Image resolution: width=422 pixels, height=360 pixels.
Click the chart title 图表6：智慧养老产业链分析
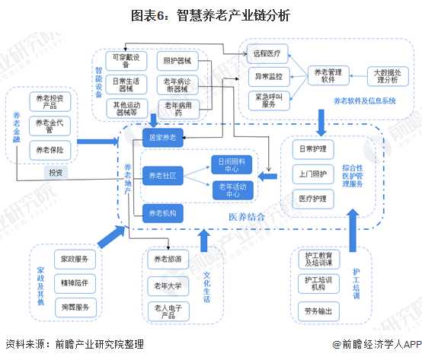tap(210, 14)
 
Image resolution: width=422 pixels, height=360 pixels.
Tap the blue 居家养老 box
tap(162, 138)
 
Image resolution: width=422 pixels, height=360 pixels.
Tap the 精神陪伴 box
tap(75, 283)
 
